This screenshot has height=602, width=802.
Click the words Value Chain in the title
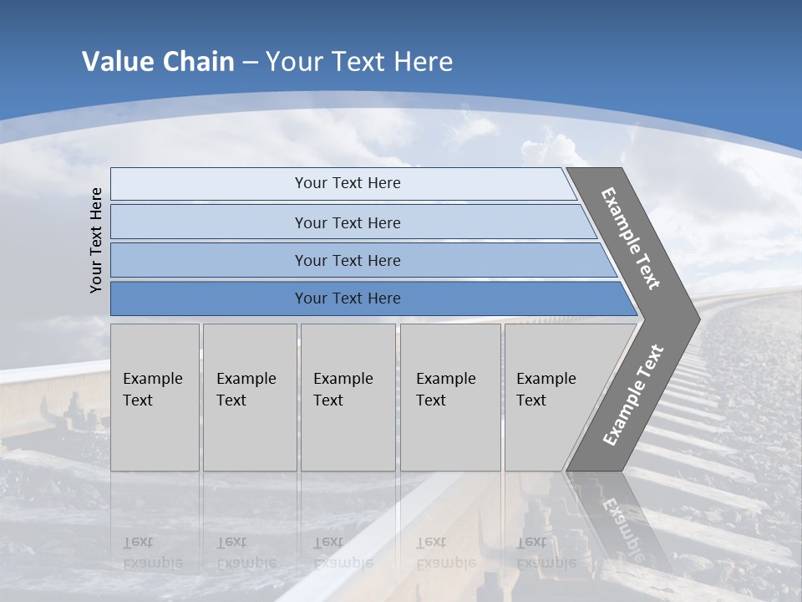[x=158, y=62]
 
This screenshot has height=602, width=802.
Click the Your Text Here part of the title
[x=359, y=62]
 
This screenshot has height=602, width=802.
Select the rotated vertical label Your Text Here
[x=96, y=240]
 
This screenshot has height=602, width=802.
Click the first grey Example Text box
[x=155, y=397]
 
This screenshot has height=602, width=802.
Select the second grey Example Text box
[x=249, y=397]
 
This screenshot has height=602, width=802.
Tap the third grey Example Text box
[x=347, y=397]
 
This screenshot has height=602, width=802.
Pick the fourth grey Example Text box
[x=449, y=397]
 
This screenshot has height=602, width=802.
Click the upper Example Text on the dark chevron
[x=631, y=238]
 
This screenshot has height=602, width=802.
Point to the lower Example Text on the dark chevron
[x=633, y=395]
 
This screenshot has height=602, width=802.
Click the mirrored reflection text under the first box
[x=152, y=553]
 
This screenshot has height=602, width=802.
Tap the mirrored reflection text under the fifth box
[x=546, y=553]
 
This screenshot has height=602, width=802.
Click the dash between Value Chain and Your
[x=250, y=63]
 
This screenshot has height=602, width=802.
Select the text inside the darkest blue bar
[x=348, y=298]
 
